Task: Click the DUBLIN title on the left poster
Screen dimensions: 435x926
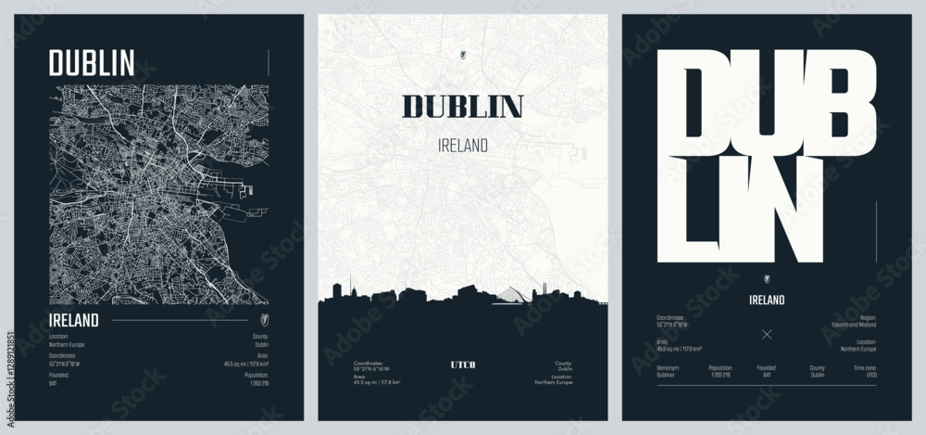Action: point(92,62)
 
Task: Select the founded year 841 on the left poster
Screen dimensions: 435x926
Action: point(53,382)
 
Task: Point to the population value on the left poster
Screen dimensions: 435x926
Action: point(258,382)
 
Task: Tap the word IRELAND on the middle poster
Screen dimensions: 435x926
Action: point(462,146)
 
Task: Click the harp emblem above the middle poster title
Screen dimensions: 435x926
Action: point(462,53)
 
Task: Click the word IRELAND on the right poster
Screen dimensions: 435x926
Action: point(766,300)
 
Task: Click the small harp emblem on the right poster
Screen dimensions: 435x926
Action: point(766,278)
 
